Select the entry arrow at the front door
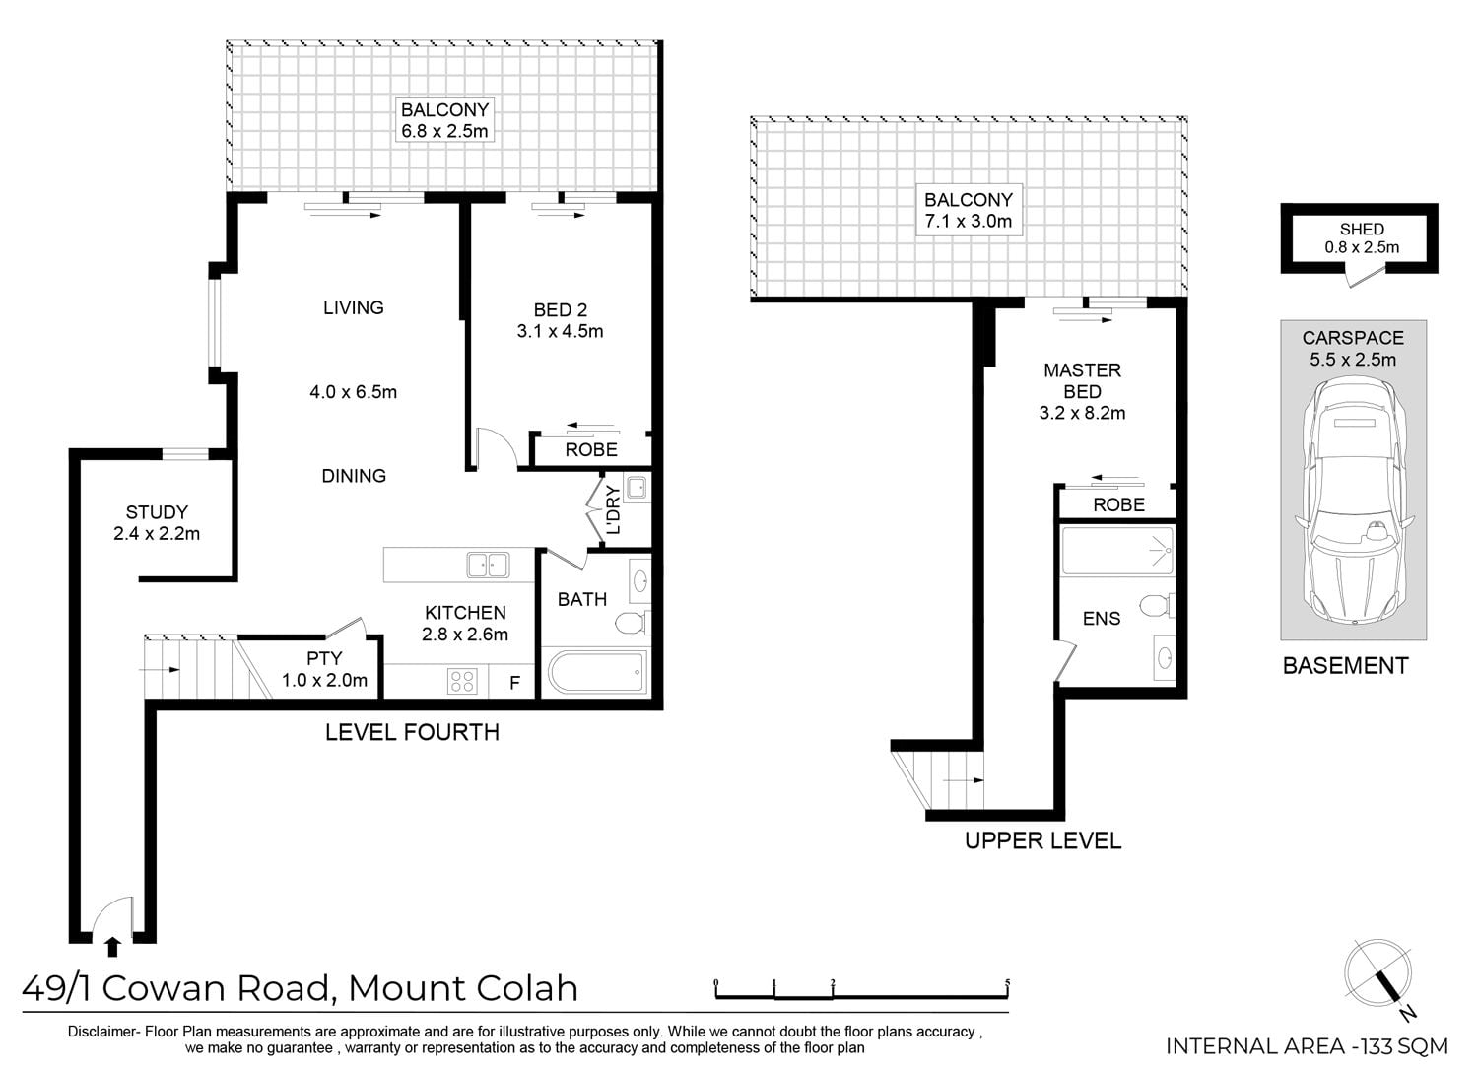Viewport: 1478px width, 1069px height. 112,947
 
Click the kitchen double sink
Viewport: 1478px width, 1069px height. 487,566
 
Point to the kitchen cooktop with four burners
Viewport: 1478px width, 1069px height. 462,680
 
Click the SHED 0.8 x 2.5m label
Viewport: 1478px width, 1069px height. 1361,238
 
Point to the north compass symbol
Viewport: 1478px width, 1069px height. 1378,974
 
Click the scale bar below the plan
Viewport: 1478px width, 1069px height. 862,989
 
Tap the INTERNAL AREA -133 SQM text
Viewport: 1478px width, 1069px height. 1307,1046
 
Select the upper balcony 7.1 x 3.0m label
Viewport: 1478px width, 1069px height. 968,210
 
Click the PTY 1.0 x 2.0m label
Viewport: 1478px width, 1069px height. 324,669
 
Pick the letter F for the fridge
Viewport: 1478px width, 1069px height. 514,682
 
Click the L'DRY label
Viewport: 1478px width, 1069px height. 613,508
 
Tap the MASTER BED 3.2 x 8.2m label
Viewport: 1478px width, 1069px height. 1082,391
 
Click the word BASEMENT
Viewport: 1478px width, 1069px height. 1345,666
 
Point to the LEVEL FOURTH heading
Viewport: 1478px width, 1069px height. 412,732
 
